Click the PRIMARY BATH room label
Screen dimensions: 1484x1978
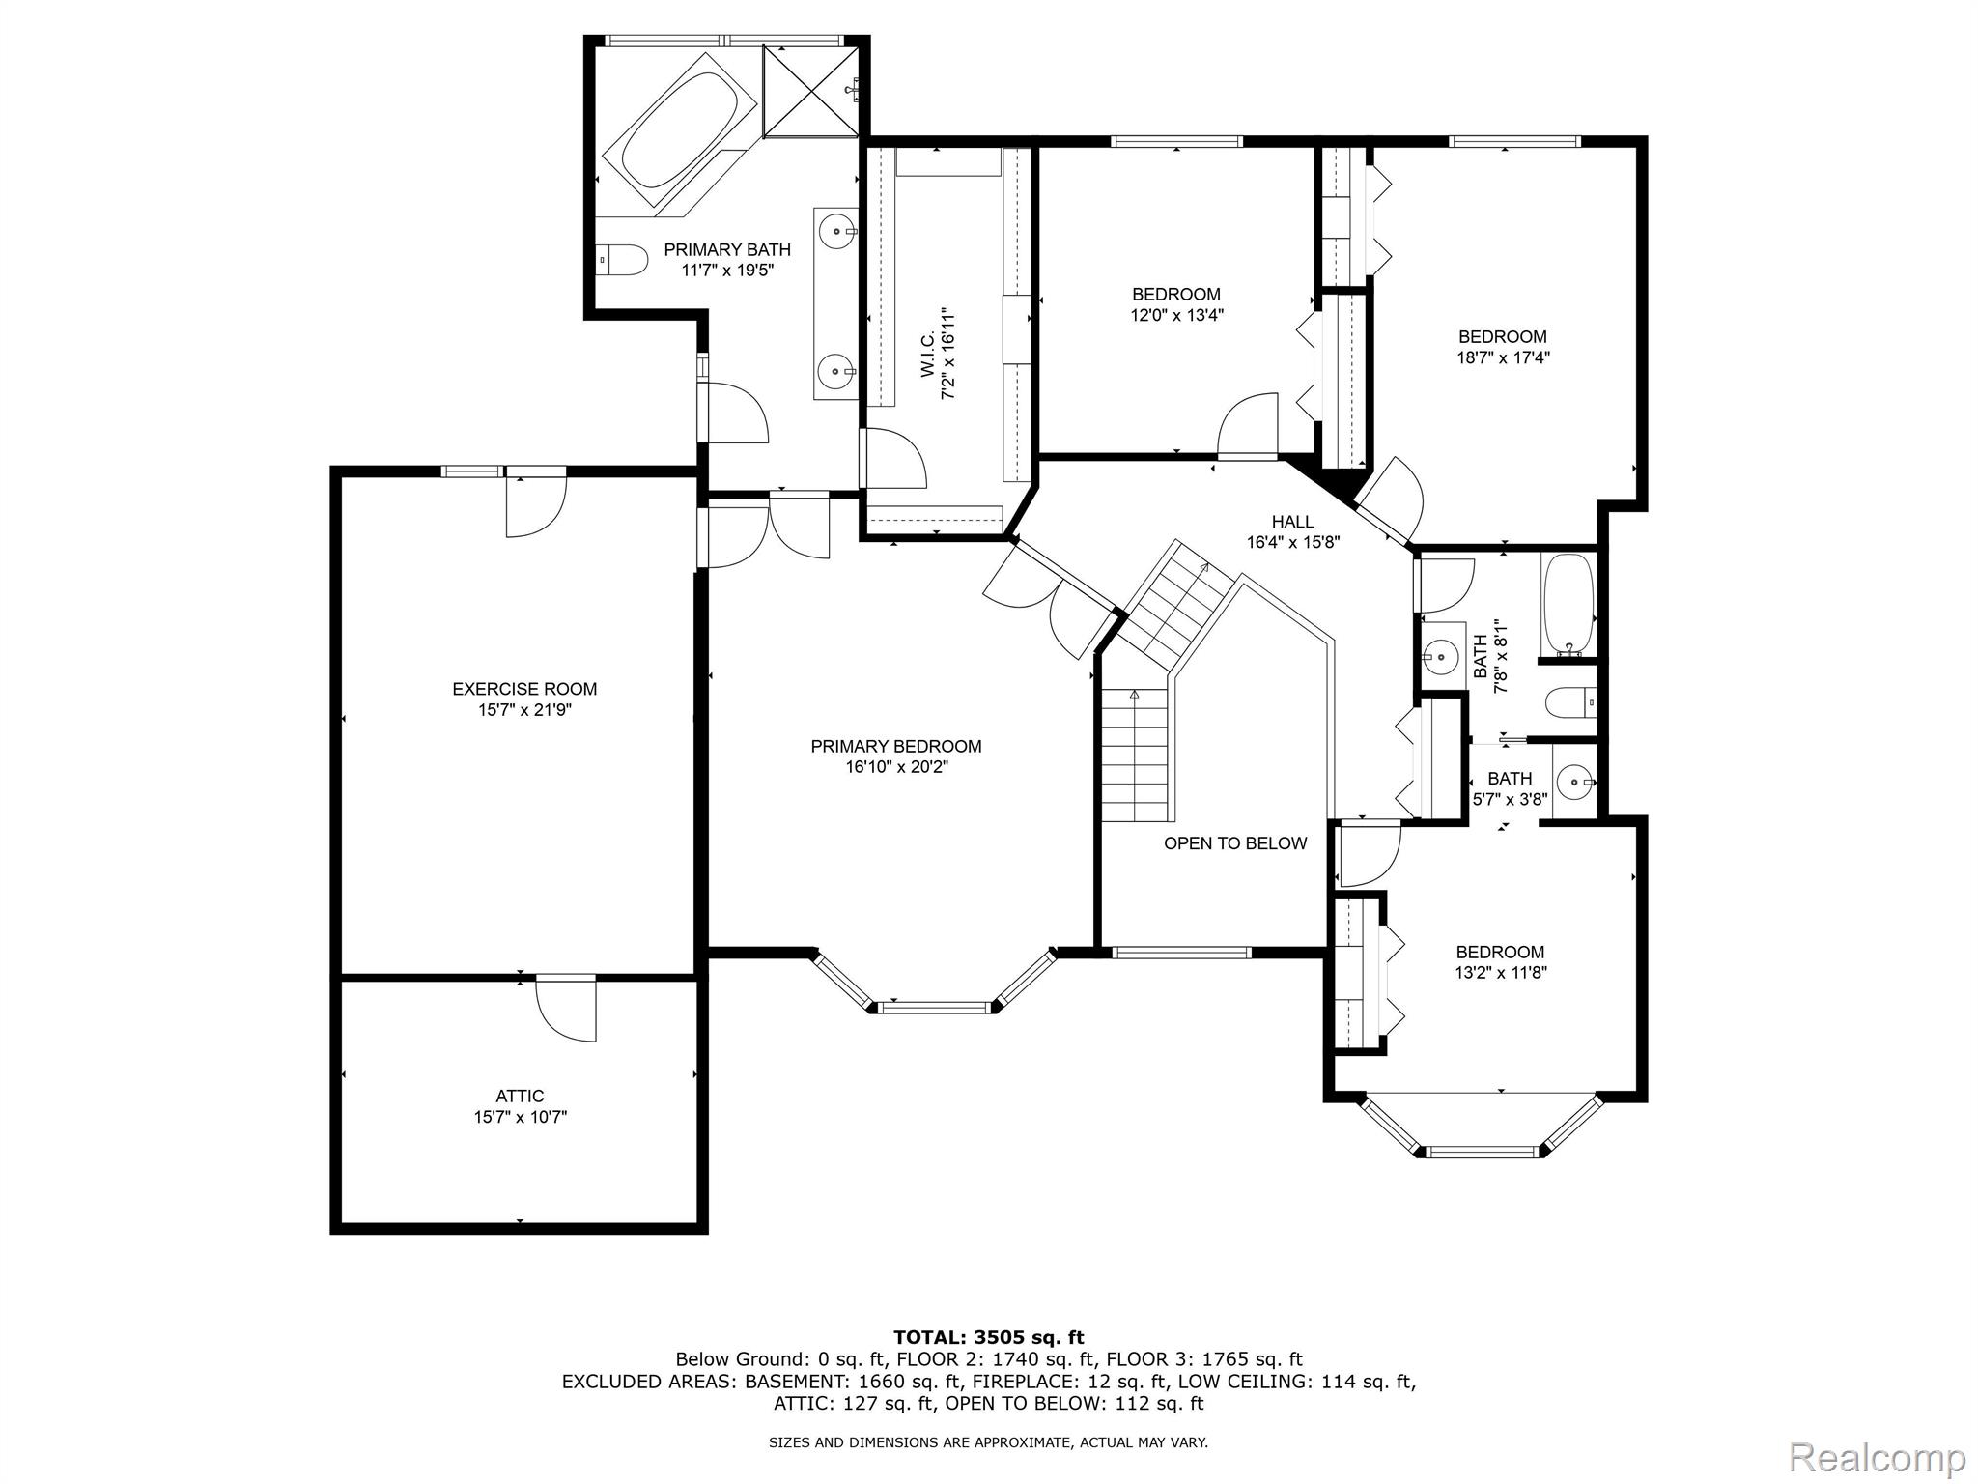coord(726,250)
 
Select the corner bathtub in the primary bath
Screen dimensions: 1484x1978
coord(675,129)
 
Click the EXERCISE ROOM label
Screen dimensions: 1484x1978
coord(524,689)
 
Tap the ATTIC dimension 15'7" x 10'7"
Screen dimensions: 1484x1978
coord(520,1117)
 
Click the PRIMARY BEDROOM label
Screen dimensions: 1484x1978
coord(895,746)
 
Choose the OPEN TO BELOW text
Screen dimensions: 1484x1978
coord(1234,843)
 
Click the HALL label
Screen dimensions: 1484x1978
coord(1292,522)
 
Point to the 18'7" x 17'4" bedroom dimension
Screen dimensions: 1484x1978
coord(1502,357)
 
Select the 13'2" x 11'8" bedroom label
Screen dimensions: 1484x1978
coord(1500,952)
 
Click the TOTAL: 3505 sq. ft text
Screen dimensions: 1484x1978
coord(988,1337)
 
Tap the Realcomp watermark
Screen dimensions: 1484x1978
coord(1877,1457)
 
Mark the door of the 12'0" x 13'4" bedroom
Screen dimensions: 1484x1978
coord(1248,425)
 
